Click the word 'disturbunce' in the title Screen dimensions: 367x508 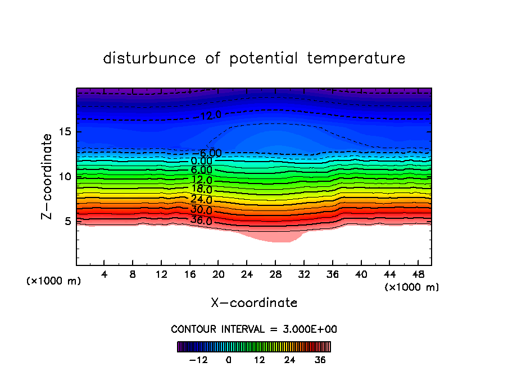(x=149, y=58)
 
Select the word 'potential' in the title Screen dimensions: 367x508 (x=263, y=58)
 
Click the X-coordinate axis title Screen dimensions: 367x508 (x=254, y=303)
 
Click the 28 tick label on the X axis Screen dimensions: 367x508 (x=275, y=274)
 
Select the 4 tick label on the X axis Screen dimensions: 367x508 (x=104, y=274)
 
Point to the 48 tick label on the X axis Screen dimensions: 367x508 (x=417, y=274)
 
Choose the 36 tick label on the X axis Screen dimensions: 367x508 (x=332, y=274)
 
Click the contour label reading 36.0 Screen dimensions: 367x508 (x=201, y=221)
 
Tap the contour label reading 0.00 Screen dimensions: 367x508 (x=201, y=162)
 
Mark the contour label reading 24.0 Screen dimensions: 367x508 (x=201, y=200)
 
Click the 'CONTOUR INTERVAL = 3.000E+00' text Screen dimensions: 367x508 (x=254, y=329)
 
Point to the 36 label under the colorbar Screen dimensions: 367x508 (x=320, y=360)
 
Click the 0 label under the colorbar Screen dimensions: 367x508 (x=229, y=360)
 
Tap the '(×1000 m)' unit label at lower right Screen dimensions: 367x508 (x=411, y=287)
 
